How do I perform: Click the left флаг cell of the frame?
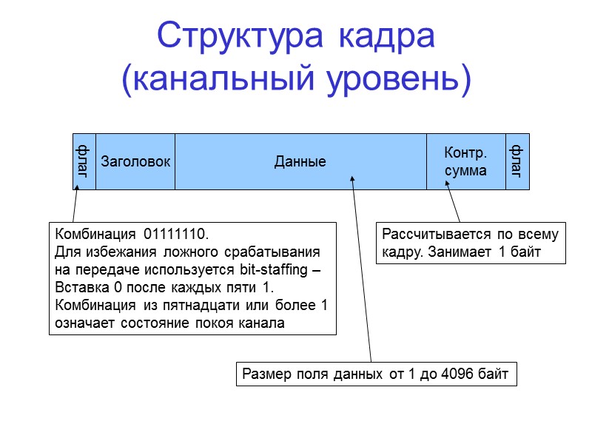point(84,161)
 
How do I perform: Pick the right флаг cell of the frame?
point(517,161)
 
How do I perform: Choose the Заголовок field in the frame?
point(135,161)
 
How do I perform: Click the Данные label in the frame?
point(300,161)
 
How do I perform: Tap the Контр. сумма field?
point(465,161)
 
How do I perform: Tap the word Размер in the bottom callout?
point(263,374)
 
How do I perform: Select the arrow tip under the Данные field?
point(352,175)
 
